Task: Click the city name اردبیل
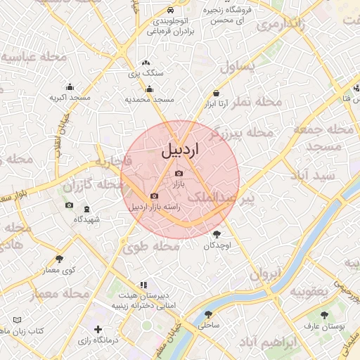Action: click(181, 150)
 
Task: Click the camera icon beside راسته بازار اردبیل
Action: click(154, 196)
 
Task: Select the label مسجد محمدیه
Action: click(148, 100)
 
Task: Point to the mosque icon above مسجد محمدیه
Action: click(149, 89)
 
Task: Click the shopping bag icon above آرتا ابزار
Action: click(216, 94)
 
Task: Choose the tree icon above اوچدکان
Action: click(216, 235)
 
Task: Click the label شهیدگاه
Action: click(87, 219)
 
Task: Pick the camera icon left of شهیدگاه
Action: click(69, 205)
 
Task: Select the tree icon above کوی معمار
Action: click(59, 259)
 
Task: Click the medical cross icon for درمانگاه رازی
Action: click(98, 329)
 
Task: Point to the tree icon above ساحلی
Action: click(208, 314)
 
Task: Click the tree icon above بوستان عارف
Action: click(323, 315)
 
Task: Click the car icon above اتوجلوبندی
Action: click(172, 11)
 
